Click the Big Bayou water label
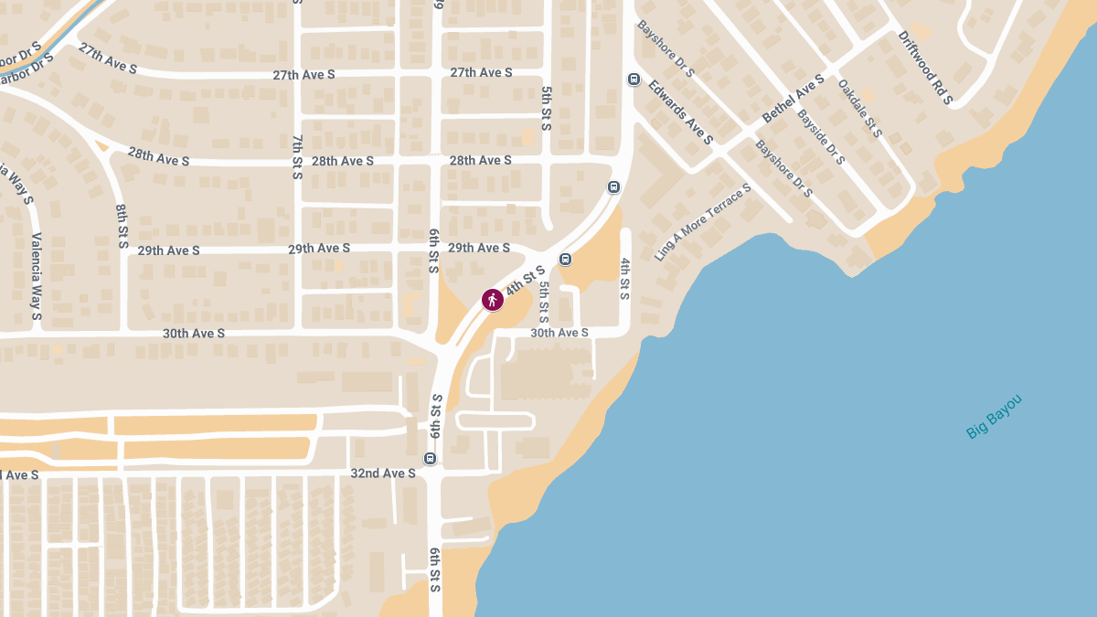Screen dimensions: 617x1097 click(x=994, y=416)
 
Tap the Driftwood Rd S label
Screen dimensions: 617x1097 click(x=925, y=67)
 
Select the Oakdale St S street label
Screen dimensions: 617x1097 click(x=859, y=109)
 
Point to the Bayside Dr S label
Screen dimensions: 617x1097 click(x=821, y=138)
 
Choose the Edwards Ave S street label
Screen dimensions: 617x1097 click(x=679, y=112)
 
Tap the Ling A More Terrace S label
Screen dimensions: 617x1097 click(x=702, y=222)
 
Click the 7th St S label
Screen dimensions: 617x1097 click(x=298, y=155)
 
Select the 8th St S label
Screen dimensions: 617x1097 click(x=122, y=227)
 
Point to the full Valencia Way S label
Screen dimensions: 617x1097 click(x=37, y=277)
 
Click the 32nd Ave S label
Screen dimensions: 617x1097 click(x=383, y=473)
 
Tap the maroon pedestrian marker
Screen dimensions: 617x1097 click(x=493, y=299)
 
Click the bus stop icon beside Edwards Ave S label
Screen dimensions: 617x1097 click(x=634, y=80)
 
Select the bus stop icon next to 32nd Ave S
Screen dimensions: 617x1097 click(x=430, y=459)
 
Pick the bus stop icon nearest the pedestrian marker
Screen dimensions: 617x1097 click(x=565, y=259)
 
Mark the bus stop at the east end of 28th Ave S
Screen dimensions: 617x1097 click(x=613, y=187)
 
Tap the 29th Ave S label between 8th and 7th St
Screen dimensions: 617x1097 click(x=168, y=250)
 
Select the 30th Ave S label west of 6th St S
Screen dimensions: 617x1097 click(x=194, y=334)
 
